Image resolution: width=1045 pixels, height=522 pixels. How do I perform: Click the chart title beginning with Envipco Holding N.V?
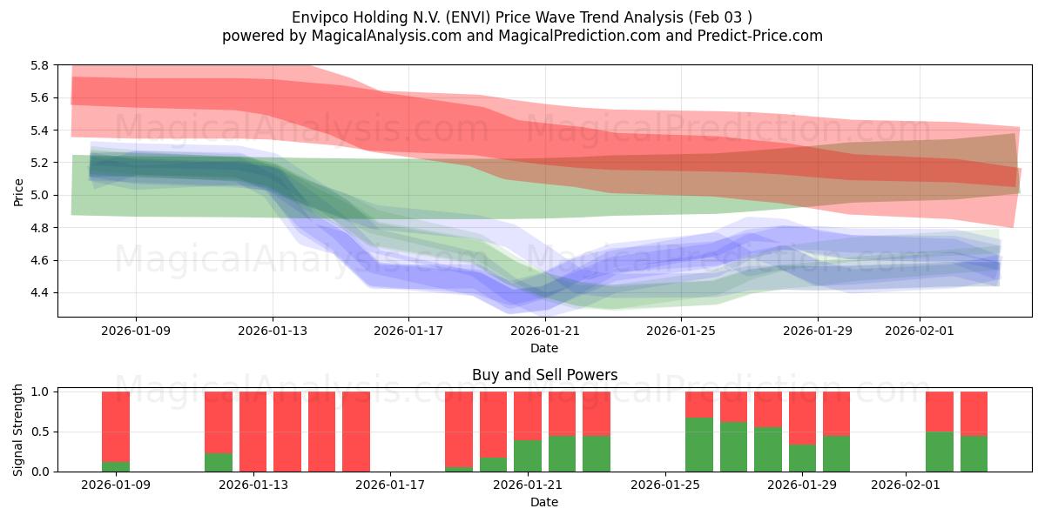click(x=522, y=17)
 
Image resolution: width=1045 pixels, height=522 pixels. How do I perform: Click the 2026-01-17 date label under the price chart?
click(x=408, y=331)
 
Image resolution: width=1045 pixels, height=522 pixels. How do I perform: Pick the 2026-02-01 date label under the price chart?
click(x=920, y=331)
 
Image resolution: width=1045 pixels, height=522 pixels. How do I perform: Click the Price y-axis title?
click(x=18, y=191)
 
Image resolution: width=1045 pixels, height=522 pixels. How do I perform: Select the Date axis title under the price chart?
click(x=544, y=348)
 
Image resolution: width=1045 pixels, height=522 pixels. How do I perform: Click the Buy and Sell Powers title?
click(x=544, y=375)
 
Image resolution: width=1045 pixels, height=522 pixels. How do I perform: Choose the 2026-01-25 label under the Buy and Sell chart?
click(x=664, y=485)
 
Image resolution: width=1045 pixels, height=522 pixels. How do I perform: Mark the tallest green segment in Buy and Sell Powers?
click(x=699, y=445)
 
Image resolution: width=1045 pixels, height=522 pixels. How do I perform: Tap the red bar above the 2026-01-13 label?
click(x=253, y=432)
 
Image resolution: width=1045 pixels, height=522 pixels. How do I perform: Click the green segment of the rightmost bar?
click(x=974, y=453)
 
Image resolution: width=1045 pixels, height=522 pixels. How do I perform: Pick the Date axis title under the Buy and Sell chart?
click(x=544, y=502)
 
